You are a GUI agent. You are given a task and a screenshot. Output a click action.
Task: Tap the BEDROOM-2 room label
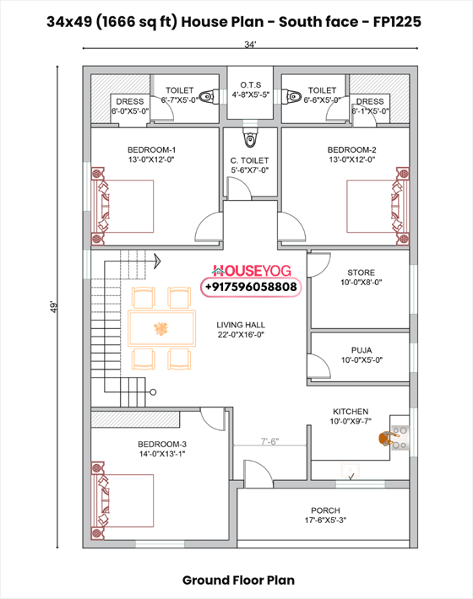[x=351, y=149]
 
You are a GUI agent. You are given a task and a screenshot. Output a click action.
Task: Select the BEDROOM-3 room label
[x=162, y=444]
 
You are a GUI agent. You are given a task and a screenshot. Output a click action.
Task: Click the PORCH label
[x=325, y=510]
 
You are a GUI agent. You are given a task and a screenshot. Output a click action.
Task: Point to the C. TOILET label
[x=249, y=159]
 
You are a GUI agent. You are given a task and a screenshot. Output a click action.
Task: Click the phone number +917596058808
[x=250, y=287]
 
